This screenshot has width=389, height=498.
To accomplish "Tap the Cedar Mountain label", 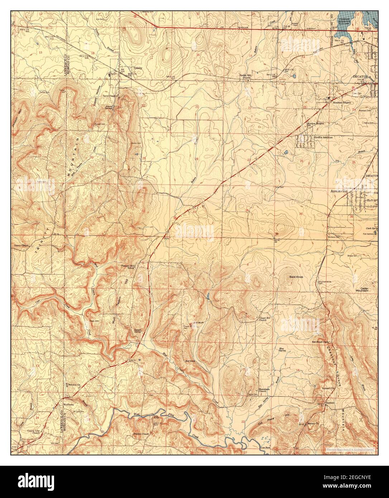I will [x=365, y=289].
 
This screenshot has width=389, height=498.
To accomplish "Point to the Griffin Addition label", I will [x=323, y=137].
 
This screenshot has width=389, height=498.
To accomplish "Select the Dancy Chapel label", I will [x=21, y=246].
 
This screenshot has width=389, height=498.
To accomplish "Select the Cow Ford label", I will [x=265, y=447].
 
